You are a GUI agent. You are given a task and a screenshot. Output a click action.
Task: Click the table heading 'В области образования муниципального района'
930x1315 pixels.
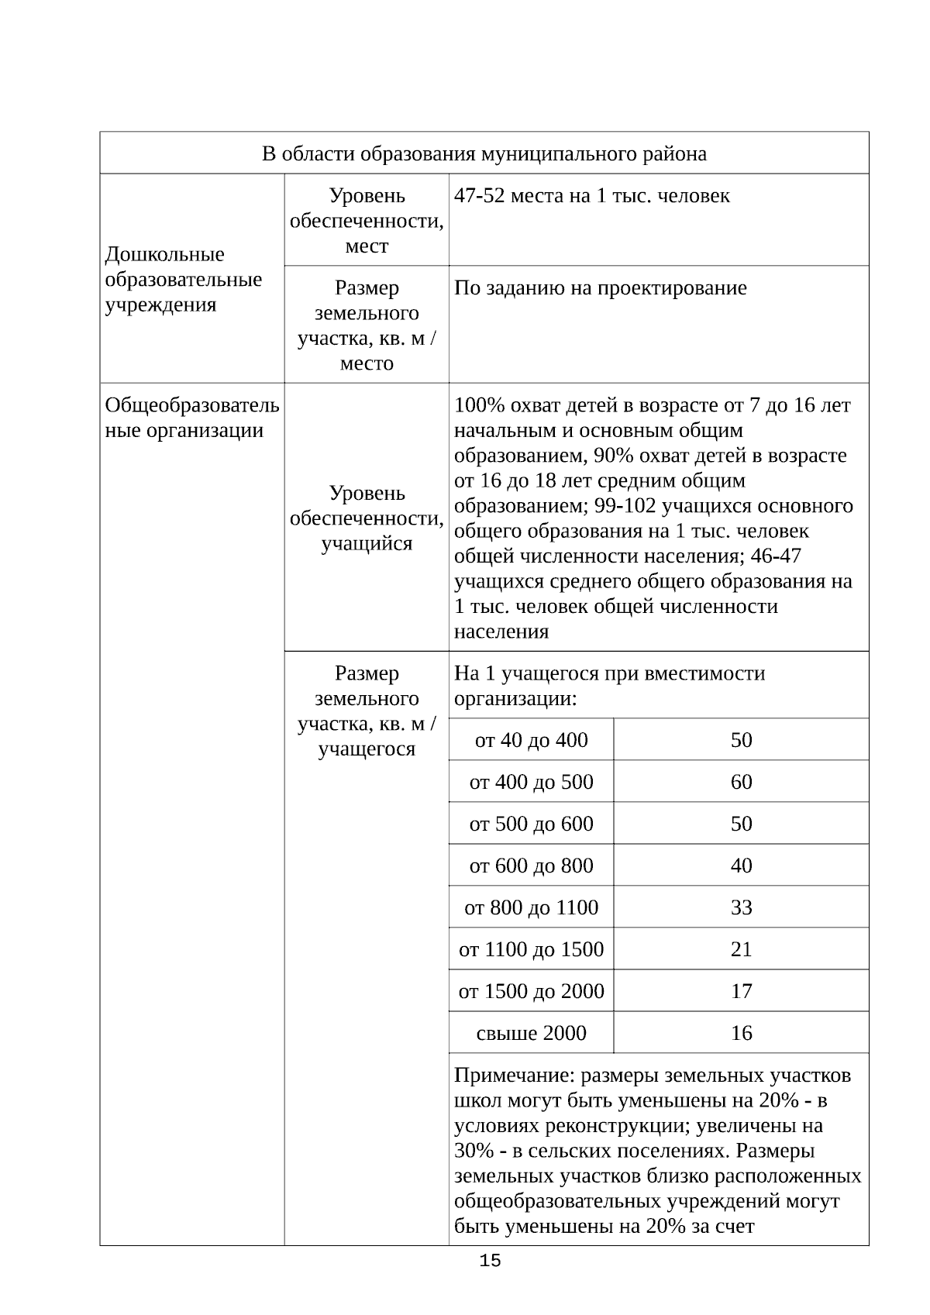[484, 153]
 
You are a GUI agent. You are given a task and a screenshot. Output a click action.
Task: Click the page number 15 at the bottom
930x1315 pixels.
[490, 1261]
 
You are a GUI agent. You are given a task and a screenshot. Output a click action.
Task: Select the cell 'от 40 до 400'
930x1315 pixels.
[531, 740]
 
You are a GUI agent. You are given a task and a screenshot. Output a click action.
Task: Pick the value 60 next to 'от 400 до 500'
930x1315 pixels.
[741, 782]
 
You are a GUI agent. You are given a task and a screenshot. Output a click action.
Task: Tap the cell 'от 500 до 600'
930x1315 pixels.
[531, 824]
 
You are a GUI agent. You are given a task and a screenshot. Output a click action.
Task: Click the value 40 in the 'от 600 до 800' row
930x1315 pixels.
[741, 866]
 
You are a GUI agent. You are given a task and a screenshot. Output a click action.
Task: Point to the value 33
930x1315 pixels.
[741, 907]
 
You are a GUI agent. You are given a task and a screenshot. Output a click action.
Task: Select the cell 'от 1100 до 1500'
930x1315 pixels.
[531, 949]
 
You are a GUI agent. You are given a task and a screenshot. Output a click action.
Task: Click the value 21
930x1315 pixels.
[741, 949]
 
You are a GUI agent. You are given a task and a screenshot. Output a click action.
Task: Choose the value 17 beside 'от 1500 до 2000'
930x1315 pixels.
[741, 991]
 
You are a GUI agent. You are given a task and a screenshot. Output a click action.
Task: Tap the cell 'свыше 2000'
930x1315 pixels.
[531, 1033]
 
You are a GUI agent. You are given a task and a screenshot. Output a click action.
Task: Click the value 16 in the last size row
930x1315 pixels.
[741, 1033]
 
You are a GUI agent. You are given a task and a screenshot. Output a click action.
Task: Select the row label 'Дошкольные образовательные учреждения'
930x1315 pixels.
[183, 279]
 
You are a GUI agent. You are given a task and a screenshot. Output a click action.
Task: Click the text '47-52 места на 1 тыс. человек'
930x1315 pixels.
[591, 196]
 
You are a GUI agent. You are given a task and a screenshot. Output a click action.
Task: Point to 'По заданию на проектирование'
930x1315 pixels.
[600, 288]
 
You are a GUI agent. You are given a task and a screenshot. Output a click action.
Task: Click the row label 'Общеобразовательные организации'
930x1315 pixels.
[191, 418]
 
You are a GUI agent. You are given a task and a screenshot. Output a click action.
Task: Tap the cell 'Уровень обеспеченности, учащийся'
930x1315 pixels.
[367, 518]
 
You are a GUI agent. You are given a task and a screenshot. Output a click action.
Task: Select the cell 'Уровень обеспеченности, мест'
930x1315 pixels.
[367, 221]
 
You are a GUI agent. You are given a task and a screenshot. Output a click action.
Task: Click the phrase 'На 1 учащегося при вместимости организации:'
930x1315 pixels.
[609, 686]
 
